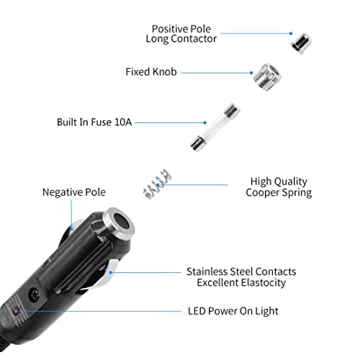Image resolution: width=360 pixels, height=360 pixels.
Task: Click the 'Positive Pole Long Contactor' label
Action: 181,34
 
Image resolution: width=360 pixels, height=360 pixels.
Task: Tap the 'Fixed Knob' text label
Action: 151,72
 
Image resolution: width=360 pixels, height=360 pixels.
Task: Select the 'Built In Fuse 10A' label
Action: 94,122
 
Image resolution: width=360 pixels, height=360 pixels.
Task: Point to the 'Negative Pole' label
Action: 74,192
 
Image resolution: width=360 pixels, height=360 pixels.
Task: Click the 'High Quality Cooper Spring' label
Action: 279,187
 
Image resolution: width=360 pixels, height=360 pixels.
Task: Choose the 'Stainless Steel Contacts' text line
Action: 241,271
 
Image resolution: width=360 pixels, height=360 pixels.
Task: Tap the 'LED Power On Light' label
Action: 233,311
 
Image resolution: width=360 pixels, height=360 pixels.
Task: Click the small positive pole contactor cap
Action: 301,43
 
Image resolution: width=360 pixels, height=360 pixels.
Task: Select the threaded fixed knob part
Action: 268,76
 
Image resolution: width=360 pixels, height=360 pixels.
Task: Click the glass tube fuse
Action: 215,127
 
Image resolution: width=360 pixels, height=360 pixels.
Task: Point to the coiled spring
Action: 157,184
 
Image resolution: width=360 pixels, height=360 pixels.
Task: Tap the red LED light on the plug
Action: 16,311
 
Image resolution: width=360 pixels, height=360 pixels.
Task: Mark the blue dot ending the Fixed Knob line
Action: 251,73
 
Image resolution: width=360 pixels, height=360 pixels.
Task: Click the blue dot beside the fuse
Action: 204,122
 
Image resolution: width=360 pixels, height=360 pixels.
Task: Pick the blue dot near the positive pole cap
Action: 291,33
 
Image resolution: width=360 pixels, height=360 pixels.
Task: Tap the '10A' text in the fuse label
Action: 123,122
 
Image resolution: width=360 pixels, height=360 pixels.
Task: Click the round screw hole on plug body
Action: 35,294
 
